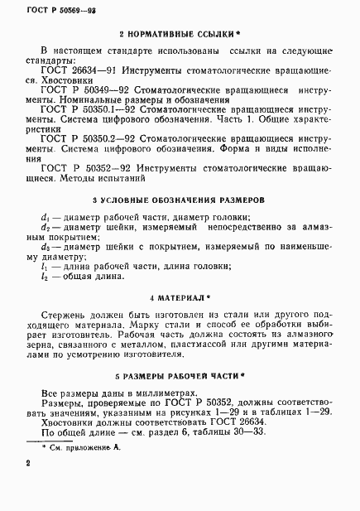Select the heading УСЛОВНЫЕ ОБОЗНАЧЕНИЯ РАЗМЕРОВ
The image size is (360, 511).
coord(180,200)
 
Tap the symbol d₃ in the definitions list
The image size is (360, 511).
coord(45,246)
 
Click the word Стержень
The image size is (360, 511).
coord(66,315)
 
